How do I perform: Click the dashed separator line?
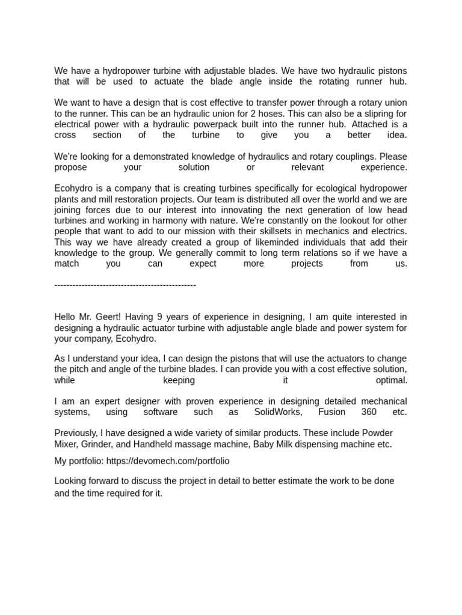tap(125, 285)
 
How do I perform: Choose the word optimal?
tap(392, 380)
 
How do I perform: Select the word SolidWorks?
tap(277, 412)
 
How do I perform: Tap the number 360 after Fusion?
tap(369, 412)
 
